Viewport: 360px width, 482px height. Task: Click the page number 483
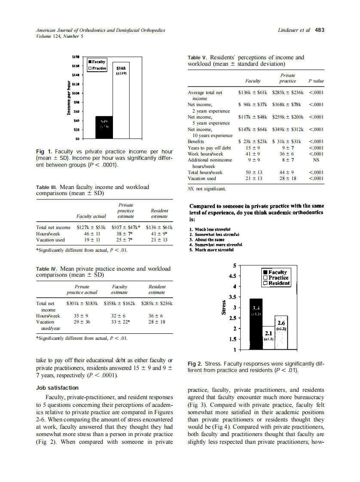coord(320,30)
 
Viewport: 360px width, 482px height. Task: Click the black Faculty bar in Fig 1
coord(104,127)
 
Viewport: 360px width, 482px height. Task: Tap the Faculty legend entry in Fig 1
coord(98,62)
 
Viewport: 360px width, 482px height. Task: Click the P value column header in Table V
coord(316,81)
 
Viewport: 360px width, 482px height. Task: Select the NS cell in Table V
coord(316,160)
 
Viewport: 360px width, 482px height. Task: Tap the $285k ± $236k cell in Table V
coord(287,92)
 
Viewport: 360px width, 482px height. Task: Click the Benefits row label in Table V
coord(196,141)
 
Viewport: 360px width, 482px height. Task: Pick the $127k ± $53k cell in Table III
coord(91,227)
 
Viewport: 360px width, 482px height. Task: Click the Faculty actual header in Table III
coord(91,216)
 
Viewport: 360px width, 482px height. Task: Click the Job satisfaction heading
coord(57,387)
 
